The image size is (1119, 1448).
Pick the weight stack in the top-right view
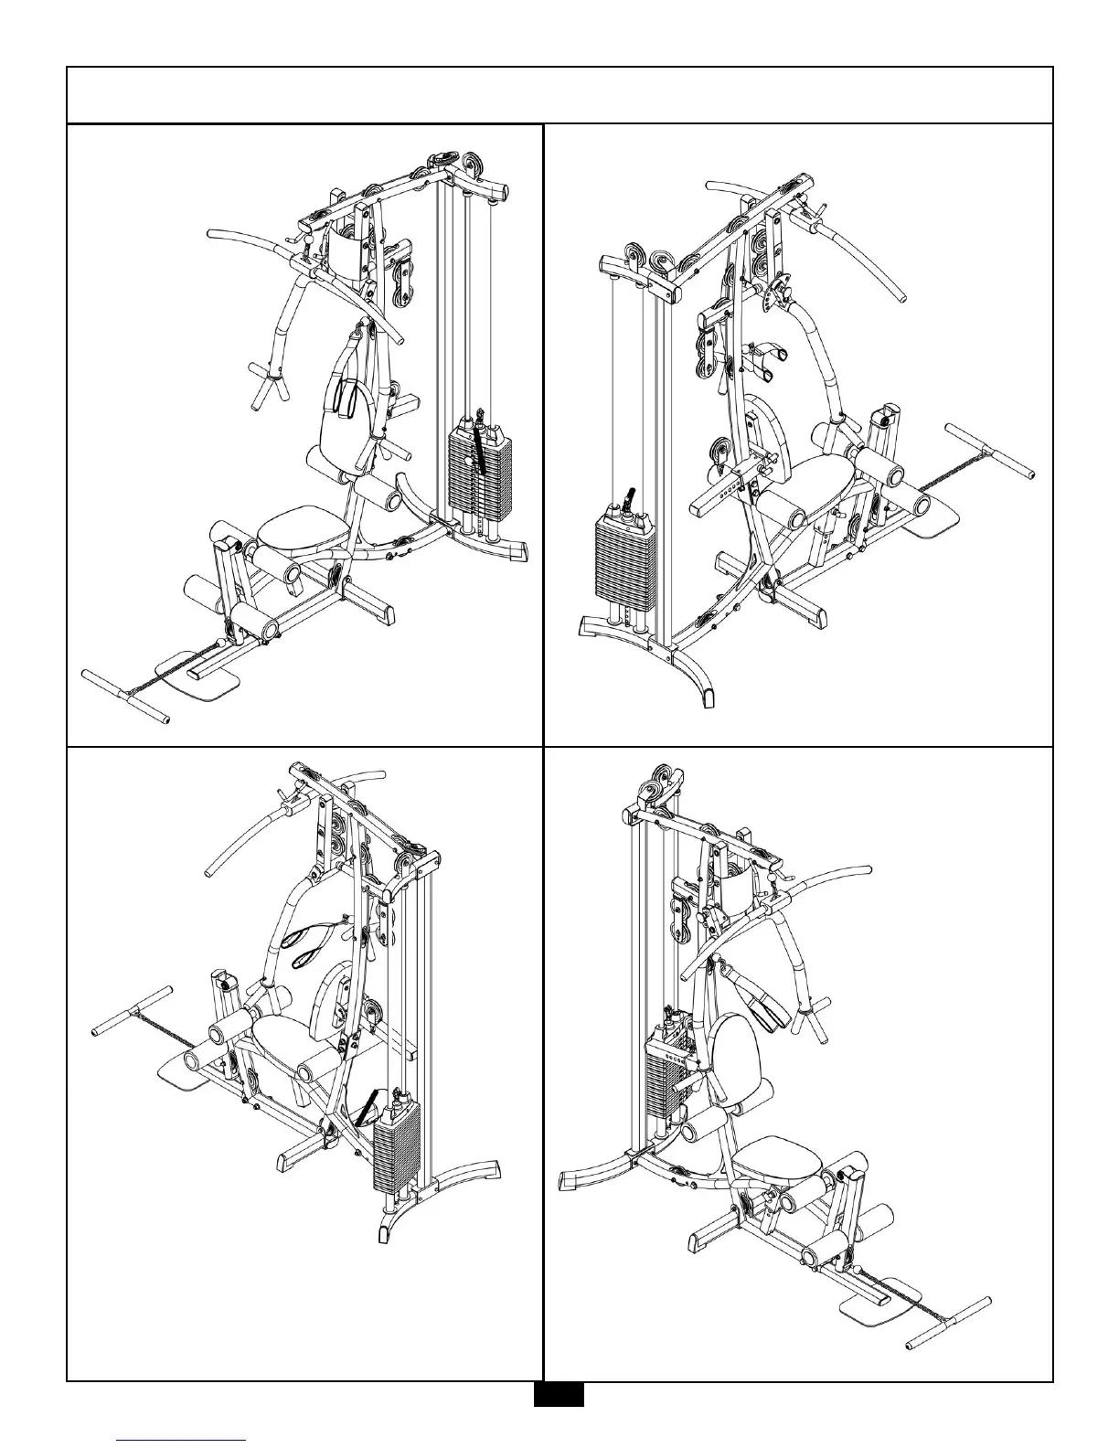point(623,559)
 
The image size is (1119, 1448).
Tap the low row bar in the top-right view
point(989,450)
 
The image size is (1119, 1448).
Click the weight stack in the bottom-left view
point(396,1147)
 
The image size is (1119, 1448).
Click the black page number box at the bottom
point(559,1395)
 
